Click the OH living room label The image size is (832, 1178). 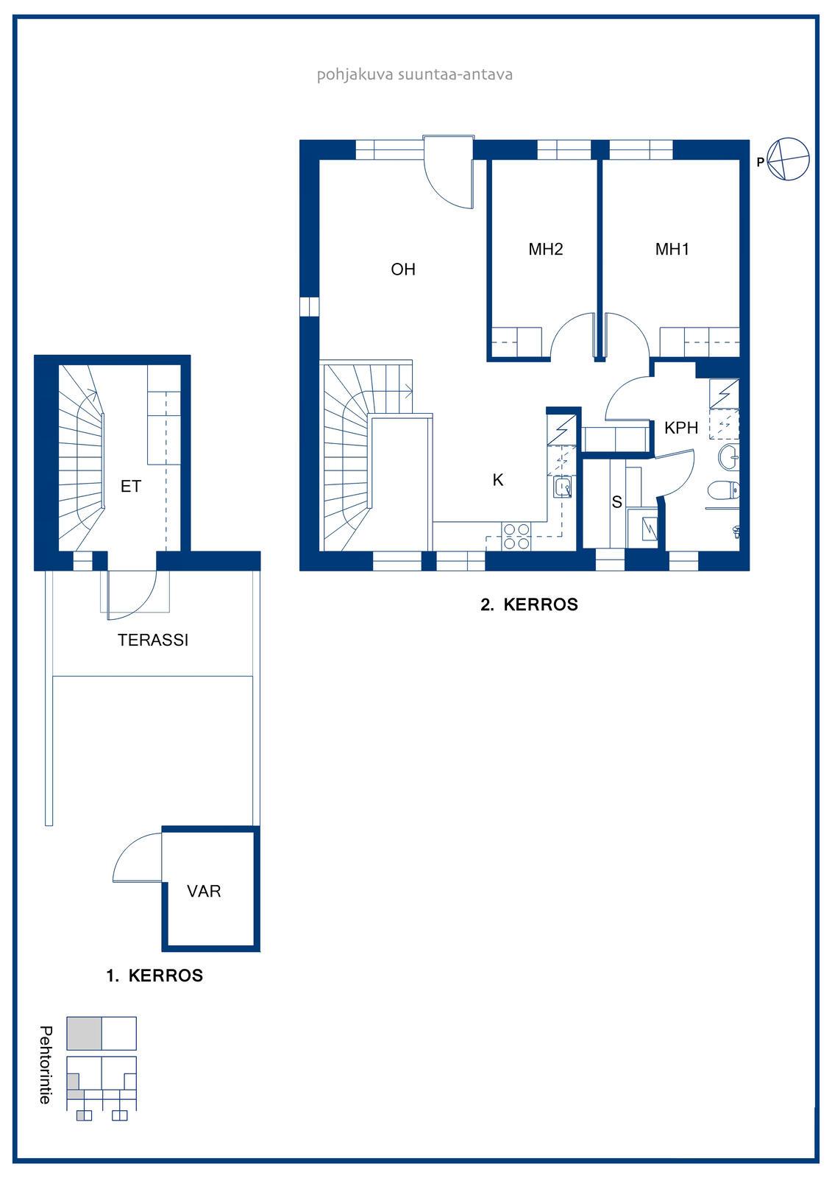tap(403, 269)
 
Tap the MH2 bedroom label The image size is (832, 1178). tap(546, 249)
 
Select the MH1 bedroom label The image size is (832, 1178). tap(672, 249)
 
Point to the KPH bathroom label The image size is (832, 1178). tap(681, 428)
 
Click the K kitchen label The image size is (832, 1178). tap(498, 479)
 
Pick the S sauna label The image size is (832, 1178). tap(617, 501)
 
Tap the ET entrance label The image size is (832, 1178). tap(131, 487)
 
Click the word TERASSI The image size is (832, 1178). tap(153, 640)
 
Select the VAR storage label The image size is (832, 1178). tap(204, 891)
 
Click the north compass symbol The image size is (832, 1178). tap(788, 159)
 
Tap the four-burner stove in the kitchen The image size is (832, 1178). tap(516, 537)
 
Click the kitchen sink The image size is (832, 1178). tap(562, 487)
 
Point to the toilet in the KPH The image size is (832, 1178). tap(723, 490)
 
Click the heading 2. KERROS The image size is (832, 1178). tap(529, 604)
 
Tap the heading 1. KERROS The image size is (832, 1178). tap(154, 976)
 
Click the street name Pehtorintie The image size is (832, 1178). tap(46, 1065)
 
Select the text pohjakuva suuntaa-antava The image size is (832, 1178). tap(415, 74)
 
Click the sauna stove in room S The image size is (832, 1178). tap(649, 529)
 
